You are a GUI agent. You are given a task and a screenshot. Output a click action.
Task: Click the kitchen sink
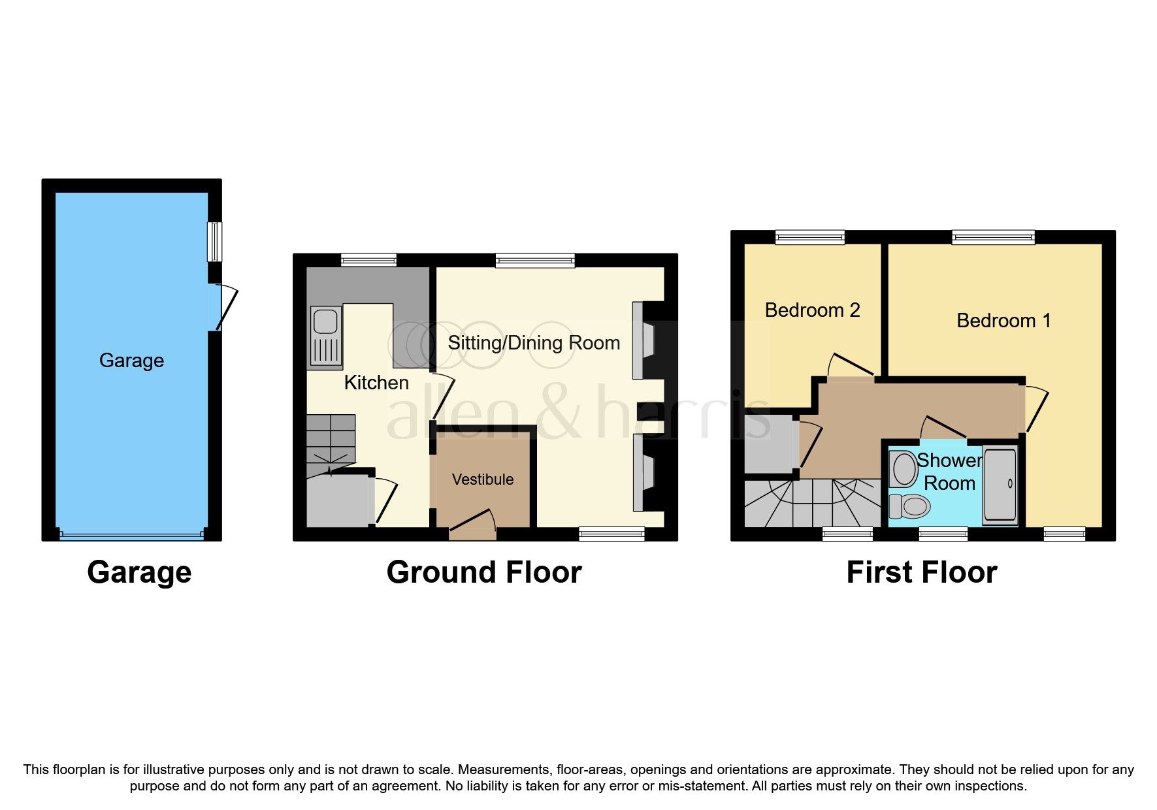(325, 337)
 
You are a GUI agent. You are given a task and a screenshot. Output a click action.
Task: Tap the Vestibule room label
(483, 479)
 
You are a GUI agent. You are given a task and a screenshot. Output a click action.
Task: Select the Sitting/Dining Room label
(534, 343)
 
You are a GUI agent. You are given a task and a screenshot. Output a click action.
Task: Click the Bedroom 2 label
(812, 310)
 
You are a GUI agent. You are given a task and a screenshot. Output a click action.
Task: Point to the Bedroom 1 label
(1003, 321)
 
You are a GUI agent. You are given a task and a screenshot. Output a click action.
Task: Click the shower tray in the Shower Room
(1000, 485)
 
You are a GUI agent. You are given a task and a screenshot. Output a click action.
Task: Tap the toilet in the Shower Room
(909, 506)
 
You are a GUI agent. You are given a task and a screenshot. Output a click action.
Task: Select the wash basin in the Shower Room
(904, 469)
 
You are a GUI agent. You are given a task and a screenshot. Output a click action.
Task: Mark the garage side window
(214, 242)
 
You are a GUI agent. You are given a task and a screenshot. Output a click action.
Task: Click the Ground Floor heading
(483, 572)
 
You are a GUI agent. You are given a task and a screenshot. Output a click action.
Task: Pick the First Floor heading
(921, 572)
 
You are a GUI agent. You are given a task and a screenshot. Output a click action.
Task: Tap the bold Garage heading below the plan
(139, 572)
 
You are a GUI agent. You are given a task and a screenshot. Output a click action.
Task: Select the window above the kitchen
(368, 260)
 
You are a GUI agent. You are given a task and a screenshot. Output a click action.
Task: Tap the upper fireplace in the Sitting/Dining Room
(644, 340)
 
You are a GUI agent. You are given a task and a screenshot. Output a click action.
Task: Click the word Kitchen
(376, 383)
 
